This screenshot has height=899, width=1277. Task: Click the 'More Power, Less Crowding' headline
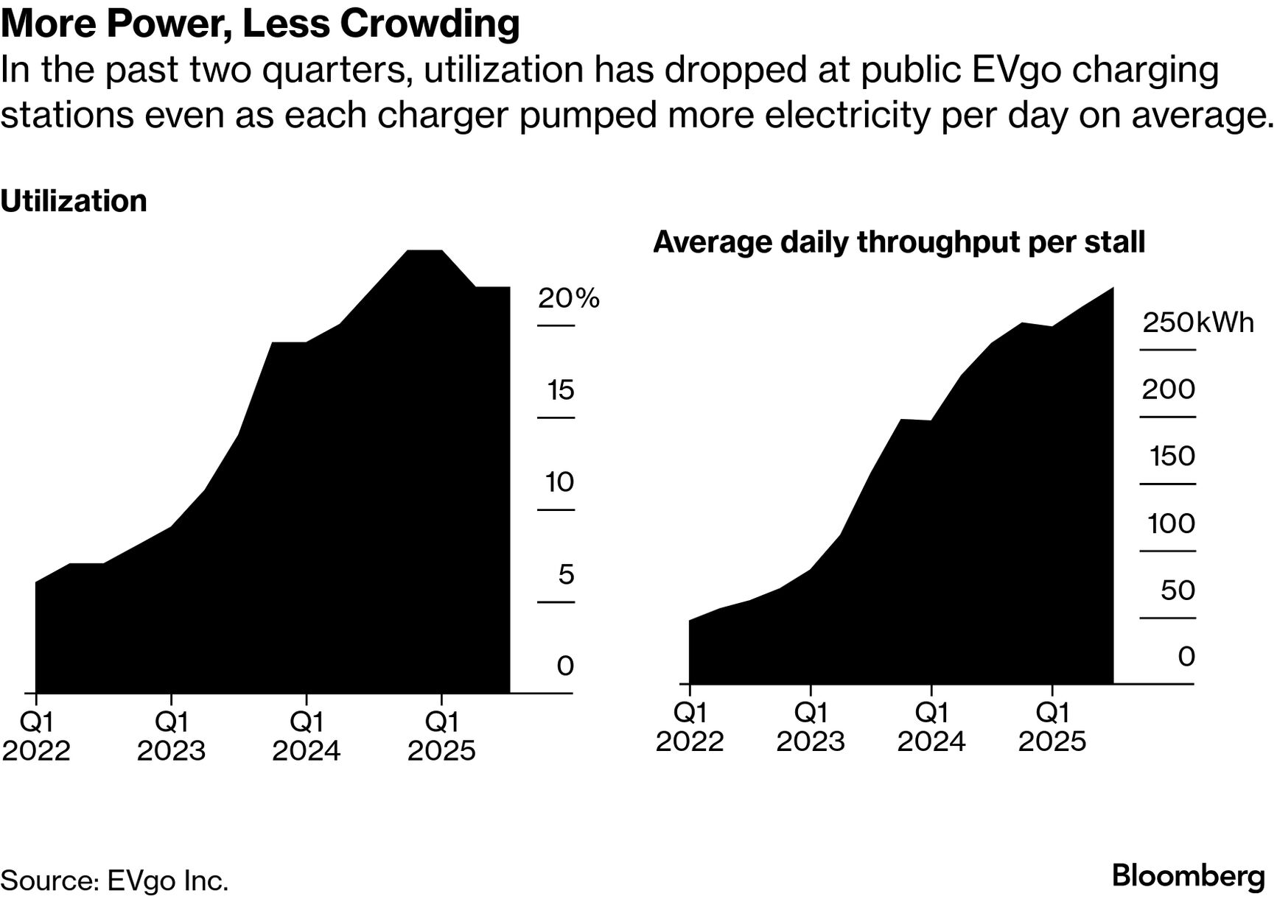260,24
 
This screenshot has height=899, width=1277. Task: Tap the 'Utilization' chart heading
74,201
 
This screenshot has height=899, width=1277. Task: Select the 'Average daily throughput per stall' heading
899,242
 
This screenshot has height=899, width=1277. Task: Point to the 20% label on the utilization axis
568,298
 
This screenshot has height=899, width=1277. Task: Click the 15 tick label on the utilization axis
560,390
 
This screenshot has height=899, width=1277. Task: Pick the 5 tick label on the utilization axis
565,574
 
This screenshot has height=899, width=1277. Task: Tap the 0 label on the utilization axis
565,666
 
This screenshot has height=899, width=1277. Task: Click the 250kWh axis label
1197,322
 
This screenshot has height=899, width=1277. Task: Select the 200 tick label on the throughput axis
1168,389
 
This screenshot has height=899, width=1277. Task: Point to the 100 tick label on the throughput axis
1171,523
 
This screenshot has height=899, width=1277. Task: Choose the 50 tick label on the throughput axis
1177,590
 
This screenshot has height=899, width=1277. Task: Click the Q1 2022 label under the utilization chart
36,736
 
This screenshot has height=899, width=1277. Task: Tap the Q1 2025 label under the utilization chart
441,736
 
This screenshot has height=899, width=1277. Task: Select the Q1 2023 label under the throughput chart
811,727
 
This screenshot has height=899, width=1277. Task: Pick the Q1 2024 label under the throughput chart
931,727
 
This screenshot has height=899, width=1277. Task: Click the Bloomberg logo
1188,876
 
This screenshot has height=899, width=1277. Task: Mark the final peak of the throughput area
1112,288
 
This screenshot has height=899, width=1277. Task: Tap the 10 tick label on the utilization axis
559,482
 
